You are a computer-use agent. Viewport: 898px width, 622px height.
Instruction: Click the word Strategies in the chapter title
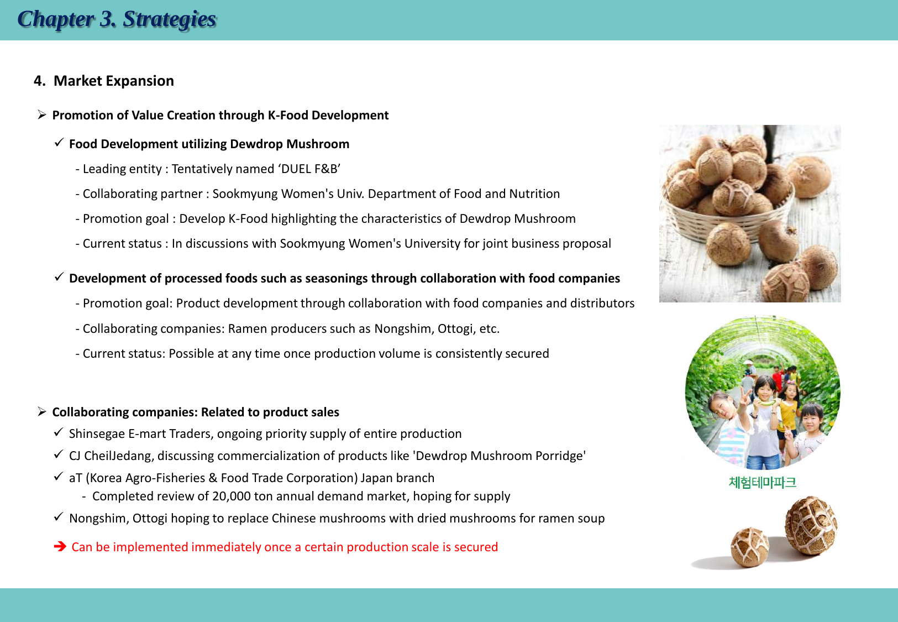[169, 19]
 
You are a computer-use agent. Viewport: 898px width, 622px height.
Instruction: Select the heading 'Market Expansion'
[114, 81]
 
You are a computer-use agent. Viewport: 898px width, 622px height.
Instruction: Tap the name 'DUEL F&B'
[309, 169]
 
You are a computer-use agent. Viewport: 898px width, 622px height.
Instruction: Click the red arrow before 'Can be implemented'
[60, 546]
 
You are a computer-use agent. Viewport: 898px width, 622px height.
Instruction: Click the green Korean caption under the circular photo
[762, 482]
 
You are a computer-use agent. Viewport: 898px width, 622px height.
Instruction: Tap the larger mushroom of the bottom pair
[810, 525]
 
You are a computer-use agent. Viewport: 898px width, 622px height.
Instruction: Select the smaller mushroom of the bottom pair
[750, 547]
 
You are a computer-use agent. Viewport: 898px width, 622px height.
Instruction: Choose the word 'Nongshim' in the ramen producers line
[404, 329]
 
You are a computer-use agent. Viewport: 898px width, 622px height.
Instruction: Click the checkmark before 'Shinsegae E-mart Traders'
[59, 432]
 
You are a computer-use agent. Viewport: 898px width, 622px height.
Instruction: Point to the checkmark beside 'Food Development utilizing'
[59, 142]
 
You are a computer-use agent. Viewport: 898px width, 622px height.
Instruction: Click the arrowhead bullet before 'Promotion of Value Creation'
[41, 114]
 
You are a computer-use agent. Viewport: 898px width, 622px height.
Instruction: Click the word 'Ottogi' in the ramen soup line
[150, 519]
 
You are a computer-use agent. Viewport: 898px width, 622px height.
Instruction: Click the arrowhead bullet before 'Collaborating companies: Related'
[41, 411]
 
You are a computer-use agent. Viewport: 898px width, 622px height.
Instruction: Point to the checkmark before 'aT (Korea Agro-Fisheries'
[59, 477]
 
